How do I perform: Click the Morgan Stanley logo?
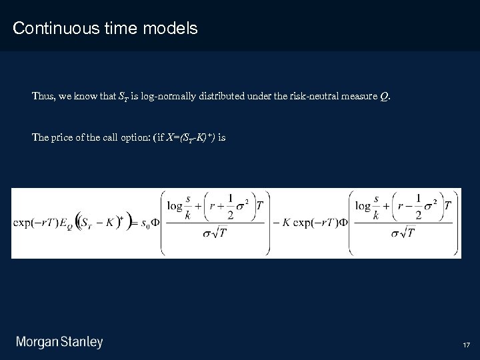coord(59,343)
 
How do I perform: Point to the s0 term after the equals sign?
coord(146,223)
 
